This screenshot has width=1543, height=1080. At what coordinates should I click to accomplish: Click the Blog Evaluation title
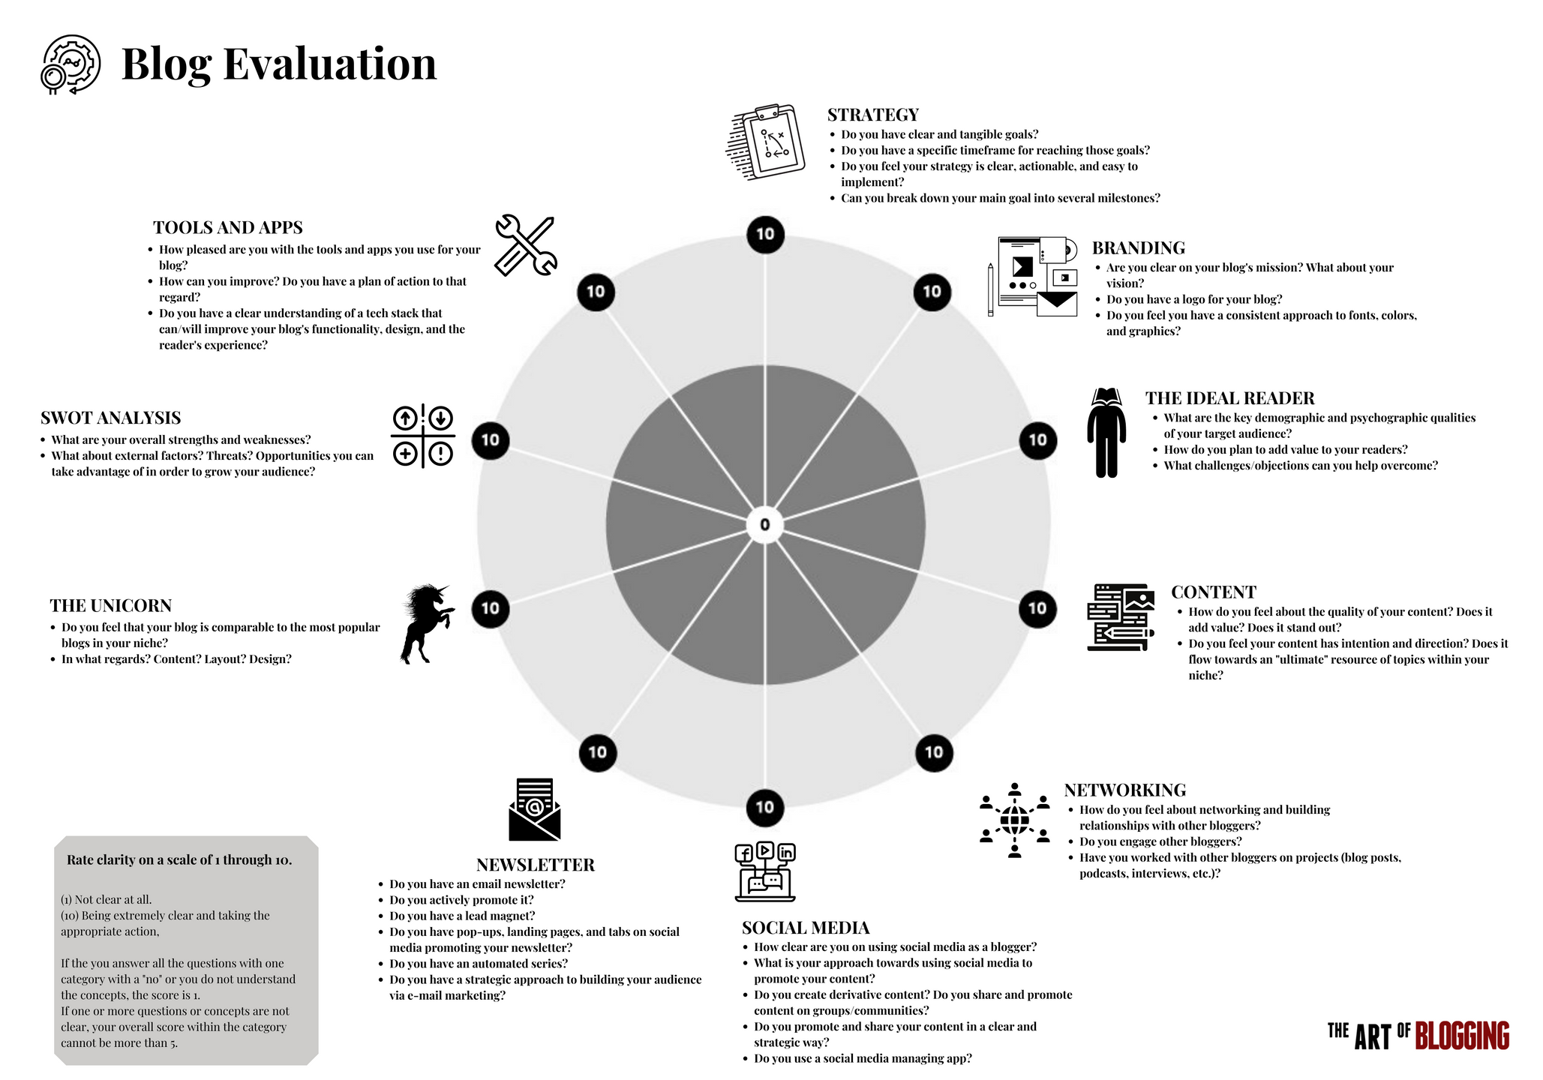coord(278,64)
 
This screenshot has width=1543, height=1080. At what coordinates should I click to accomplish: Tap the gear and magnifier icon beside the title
coord(71,64)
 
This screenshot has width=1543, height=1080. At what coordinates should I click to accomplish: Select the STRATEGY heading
coord(872,115)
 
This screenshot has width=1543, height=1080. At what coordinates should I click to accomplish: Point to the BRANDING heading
coord(1138,248)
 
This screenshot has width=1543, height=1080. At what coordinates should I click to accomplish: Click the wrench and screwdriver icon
coord(526,245)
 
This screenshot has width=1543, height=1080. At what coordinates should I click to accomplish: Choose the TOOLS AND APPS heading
coord(228,227)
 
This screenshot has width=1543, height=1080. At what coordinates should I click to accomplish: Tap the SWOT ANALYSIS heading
coord(111,418)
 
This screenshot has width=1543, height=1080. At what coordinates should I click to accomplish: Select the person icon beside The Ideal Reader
coord(1106,433)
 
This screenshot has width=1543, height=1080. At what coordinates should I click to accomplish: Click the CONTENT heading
coord(1213,592)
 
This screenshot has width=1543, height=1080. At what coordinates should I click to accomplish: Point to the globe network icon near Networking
coord(1014,820)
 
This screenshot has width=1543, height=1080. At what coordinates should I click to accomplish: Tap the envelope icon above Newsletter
coord(534,809)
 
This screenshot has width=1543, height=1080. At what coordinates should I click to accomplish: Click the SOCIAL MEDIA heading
coord(806,928)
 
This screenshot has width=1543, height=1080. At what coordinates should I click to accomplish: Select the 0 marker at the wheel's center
coord(765,524)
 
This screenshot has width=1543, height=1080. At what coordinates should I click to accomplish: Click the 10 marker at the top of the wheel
coord(765,234)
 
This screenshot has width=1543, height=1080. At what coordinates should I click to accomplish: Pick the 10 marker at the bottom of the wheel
coord(764,807)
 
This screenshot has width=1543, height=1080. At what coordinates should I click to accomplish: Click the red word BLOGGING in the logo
coord(1462,1036)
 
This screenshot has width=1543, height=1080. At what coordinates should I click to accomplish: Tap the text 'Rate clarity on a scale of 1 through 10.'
coord(179,859)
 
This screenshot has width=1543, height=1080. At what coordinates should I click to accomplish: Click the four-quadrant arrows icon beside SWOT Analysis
coord(423,436)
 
